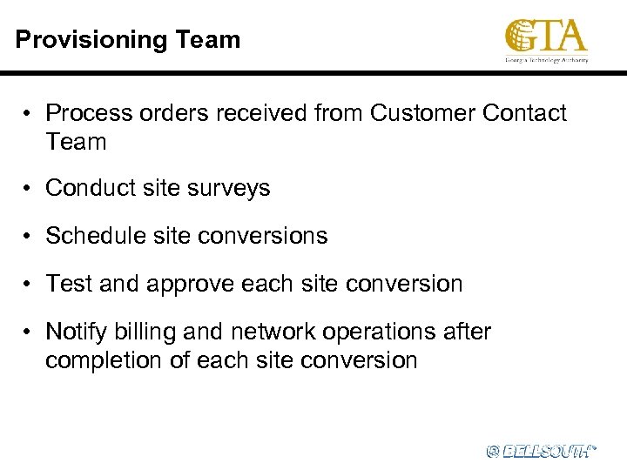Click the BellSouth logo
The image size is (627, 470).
click(541, 450)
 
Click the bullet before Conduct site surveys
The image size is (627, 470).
click(29, 188)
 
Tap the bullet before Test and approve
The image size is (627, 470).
click(29, 284)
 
